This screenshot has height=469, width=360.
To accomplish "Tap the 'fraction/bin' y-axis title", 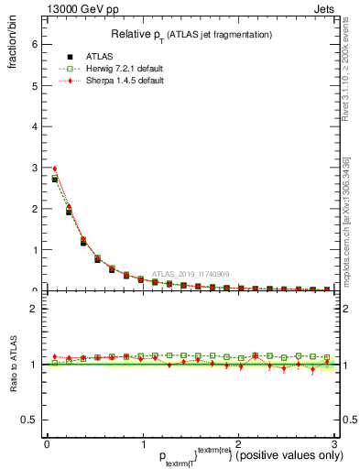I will (x=13, y=47).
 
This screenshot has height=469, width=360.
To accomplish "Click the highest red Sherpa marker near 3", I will (x=55, y=169).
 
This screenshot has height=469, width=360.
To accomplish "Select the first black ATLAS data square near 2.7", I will (x=55, y=180).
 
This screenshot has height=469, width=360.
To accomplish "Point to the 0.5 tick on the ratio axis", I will (x=29, y=420).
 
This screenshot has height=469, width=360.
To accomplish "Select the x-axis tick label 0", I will (x=47, y=445).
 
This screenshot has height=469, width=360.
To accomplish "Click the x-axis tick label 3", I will (x=334, y=445).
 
